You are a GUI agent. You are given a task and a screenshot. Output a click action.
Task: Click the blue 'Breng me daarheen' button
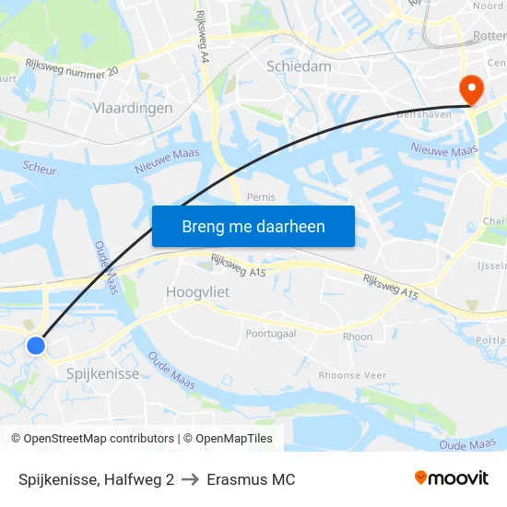click(x=253, y=226)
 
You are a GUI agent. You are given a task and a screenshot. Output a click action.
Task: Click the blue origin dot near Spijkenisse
click(x=36, y=346)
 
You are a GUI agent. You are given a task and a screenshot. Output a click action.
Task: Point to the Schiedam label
click(x=298, y=66)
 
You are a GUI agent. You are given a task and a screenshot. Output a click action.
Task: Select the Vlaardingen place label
click(x=133, y=108)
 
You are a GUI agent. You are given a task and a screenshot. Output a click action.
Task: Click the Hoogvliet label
click(x=196, y=291)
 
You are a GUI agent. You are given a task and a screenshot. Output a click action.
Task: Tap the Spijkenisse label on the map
click(x=103, y=373)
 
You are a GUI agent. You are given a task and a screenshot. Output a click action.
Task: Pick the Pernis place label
click(x=262, y=197)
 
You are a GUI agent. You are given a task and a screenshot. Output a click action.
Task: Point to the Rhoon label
click(x=358, y=337)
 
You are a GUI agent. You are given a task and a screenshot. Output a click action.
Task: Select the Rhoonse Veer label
click(x=352, y=375)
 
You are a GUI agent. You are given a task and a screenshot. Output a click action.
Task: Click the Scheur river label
click(x=40, y=170)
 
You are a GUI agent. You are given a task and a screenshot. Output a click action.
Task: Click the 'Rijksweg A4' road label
click(x=203, y=37)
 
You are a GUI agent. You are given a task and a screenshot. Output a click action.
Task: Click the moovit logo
click(x=452, y=478)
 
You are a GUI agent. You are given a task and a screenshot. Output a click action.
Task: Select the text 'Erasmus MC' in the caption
click(x=251, y=479)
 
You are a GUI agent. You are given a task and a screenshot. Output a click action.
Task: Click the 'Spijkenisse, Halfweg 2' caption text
click(x=96, y=479)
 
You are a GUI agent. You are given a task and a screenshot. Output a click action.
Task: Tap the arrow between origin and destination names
click(x=190, y=479)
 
